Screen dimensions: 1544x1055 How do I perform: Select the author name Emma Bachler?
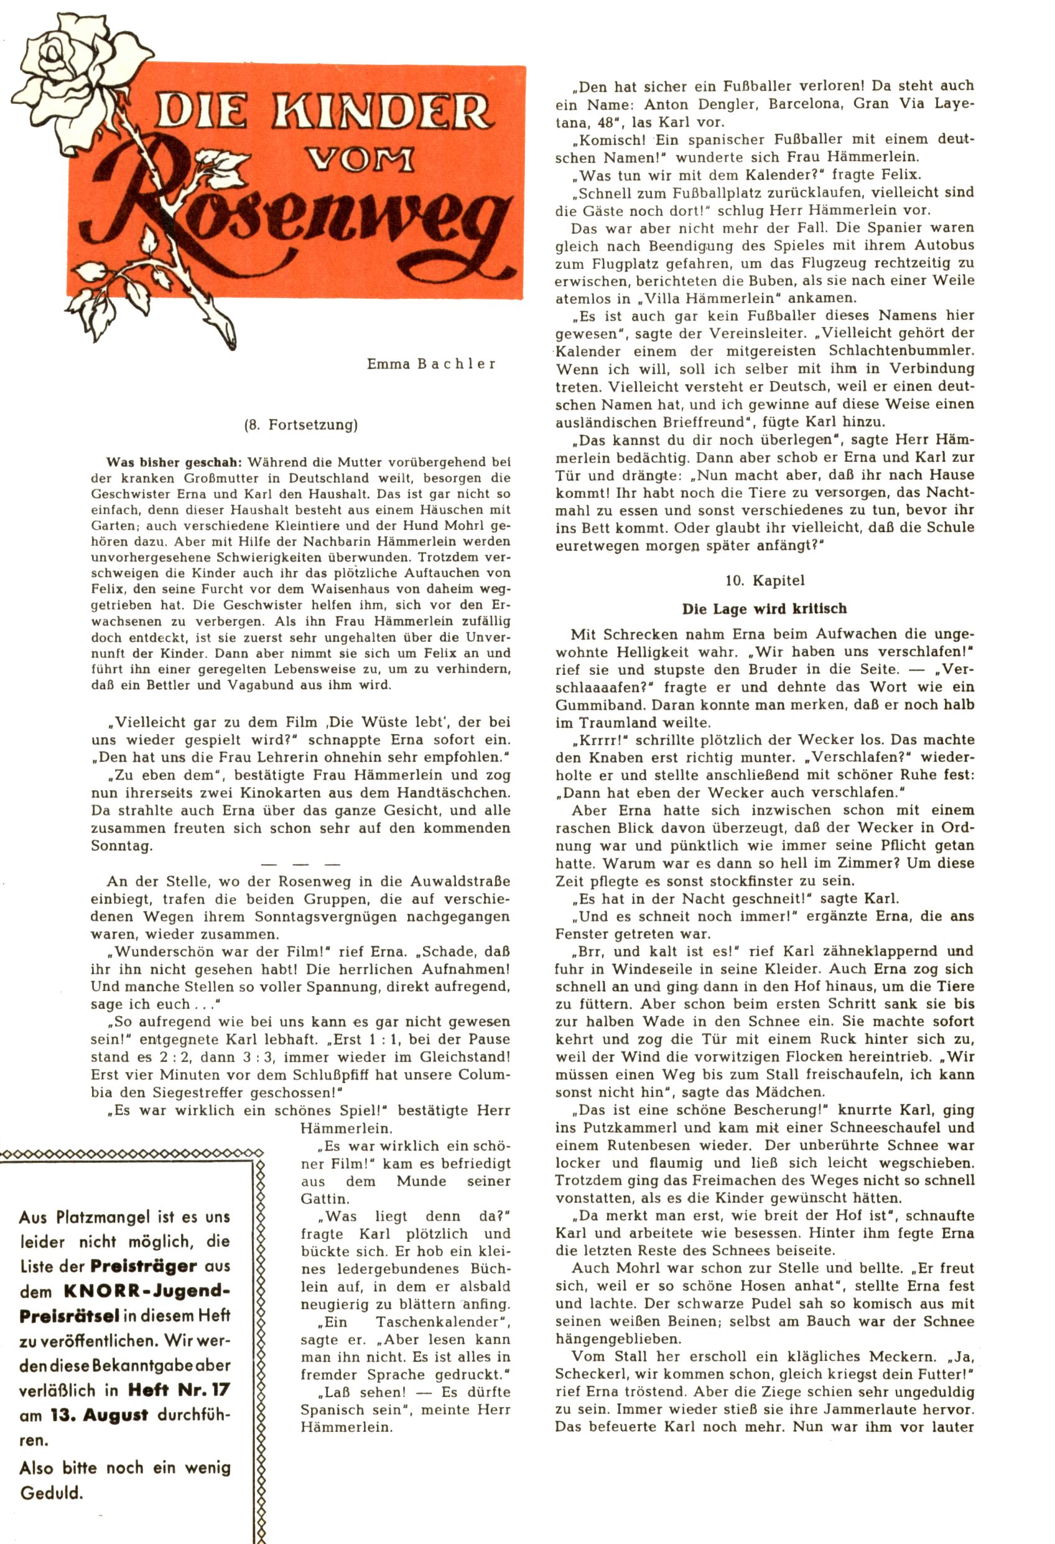[431, 364]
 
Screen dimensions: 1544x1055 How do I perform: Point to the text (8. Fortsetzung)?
[301, 425]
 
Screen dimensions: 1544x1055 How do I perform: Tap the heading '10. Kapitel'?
[765, 580]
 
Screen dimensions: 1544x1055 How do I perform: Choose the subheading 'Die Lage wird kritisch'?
[765, 608]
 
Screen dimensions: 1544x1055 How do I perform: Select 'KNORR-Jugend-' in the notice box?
[147, 1291]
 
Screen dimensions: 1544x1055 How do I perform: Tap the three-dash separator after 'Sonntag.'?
[301, 864]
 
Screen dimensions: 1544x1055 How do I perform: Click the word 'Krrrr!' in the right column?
[595, 740]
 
